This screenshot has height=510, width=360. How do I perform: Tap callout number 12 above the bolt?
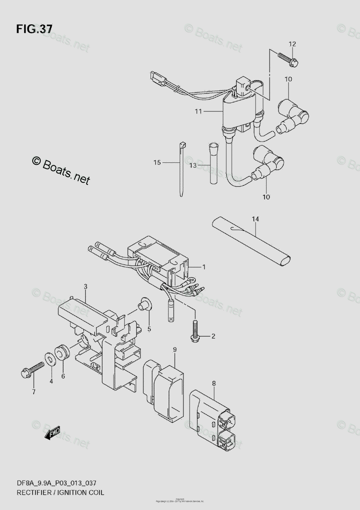[x=292, y=44]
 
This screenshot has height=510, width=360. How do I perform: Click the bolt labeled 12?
[x=289, y=59]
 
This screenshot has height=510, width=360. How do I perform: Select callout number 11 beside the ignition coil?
[x=198, y=111]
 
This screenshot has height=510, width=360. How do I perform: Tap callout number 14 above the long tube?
[x=255, y=219]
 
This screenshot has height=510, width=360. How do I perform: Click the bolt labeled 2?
[x=196, y=331]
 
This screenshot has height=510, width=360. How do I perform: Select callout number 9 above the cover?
[x=174, y=349]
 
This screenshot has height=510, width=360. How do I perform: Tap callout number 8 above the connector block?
[x=214, y=383]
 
